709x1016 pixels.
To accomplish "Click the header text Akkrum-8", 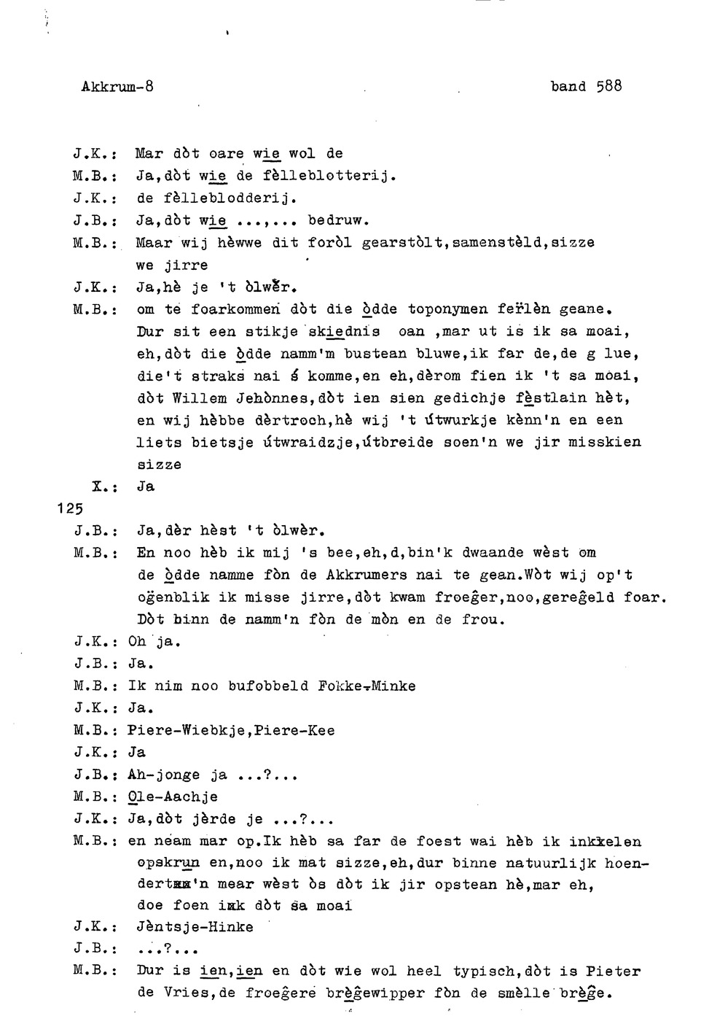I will click(x=117, y=86).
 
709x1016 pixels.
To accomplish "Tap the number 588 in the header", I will click(x=608, y=86).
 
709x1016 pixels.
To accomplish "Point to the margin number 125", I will click(x=70, y=508).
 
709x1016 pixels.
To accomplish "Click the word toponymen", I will click(x=448, y=309).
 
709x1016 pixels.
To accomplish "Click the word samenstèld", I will click(x=497, y=242).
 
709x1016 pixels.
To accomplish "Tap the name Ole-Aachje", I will click(x=172, y=796).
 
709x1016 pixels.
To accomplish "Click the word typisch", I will click(x=485, y=972).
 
